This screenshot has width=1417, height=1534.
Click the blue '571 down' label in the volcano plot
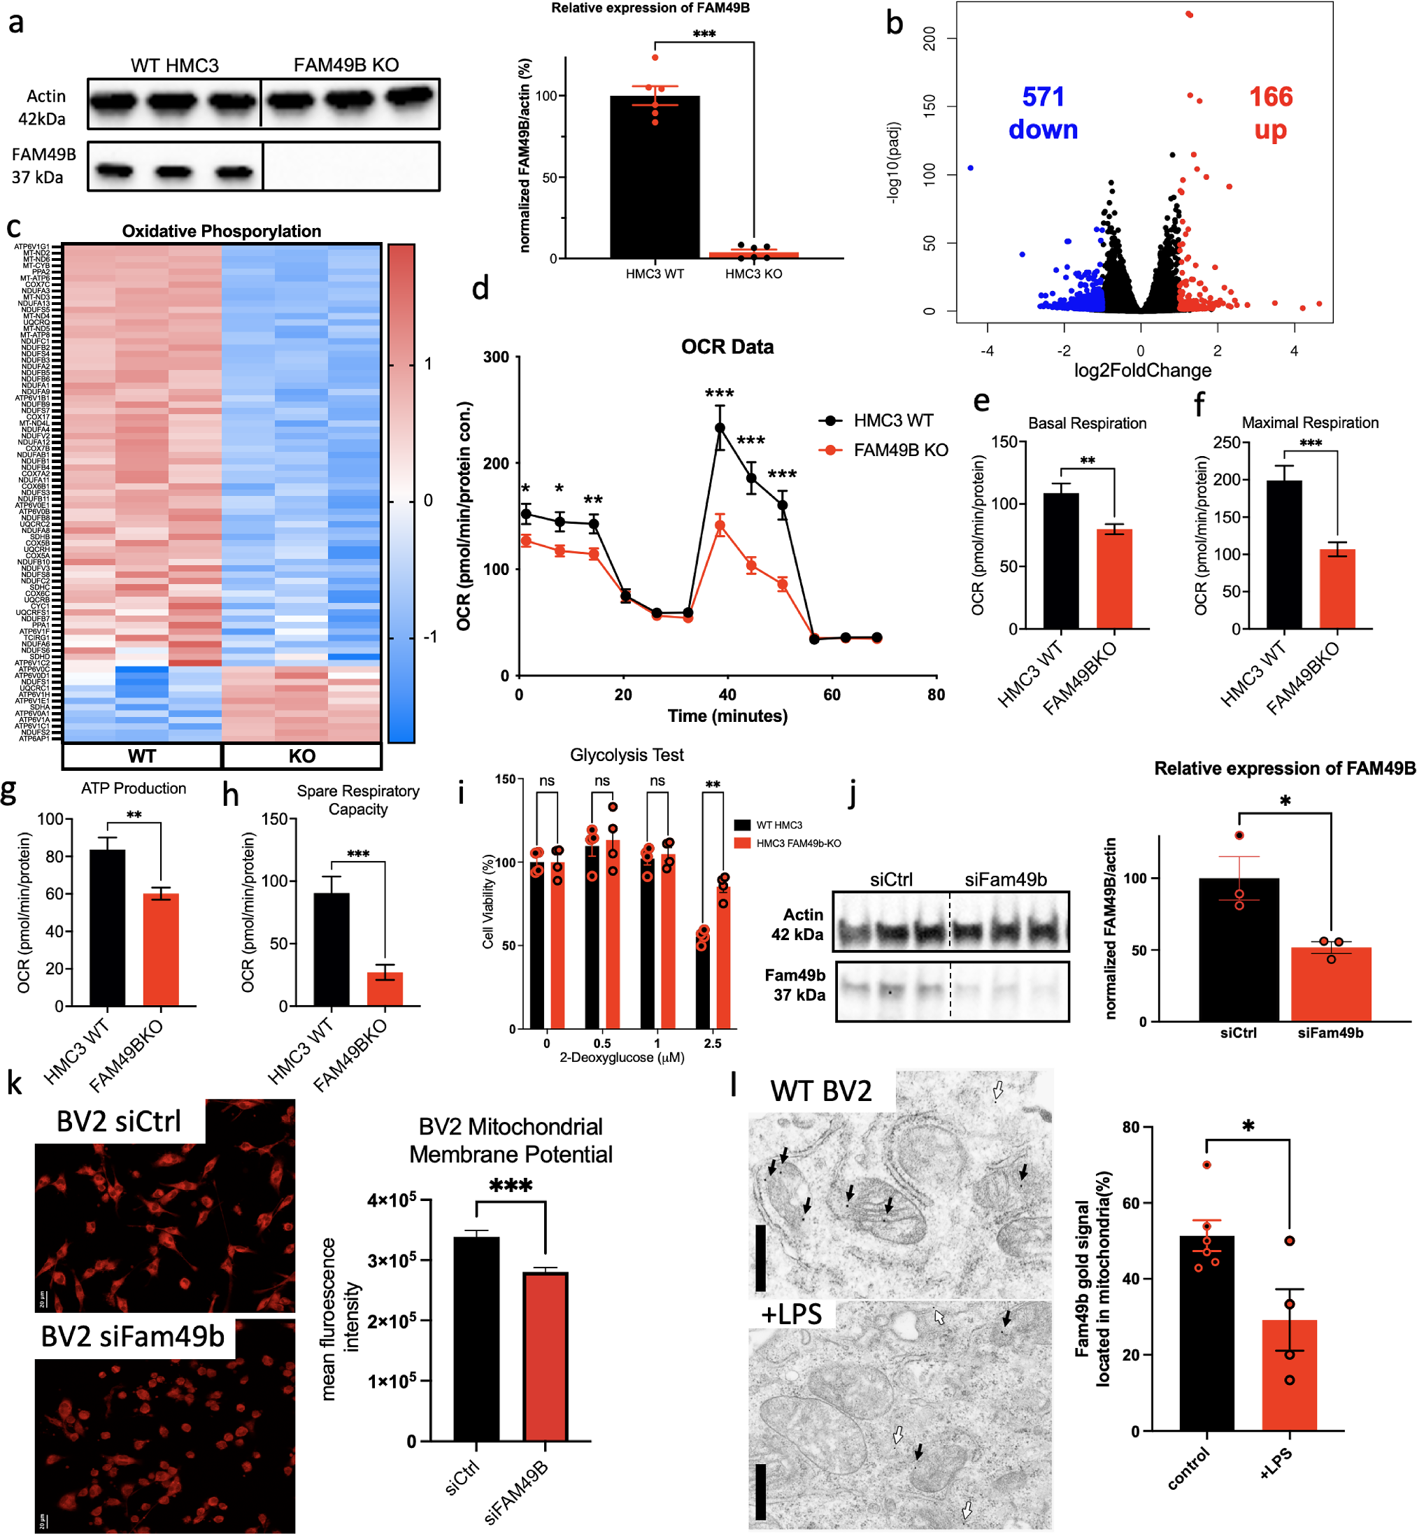point(1043,113)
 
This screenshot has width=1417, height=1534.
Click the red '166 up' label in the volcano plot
point(1271,113)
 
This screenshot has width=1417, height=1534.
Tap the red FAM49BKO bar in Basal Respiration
point(1114,578)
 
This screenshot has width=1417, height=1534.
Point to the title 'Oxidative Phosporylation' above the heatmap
point(222,231)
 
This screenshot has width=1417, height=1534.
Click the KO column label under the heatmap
point(302,756)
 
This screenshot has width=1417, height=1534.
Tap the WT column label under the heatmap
point(142,756)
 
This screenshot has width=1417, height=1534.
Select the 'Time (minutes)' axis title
point(727,716)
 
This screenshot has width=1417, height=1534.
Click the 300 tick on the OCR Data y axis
point(496,357)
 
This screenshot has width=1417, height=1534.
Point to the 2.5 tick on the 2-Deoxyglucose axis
point(712,1043)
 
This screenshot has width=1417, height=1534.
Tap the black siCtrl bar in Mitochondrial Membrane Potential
point(476,1338)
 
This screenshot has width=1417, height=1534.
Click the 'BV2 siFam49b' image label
point(133,1337)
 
